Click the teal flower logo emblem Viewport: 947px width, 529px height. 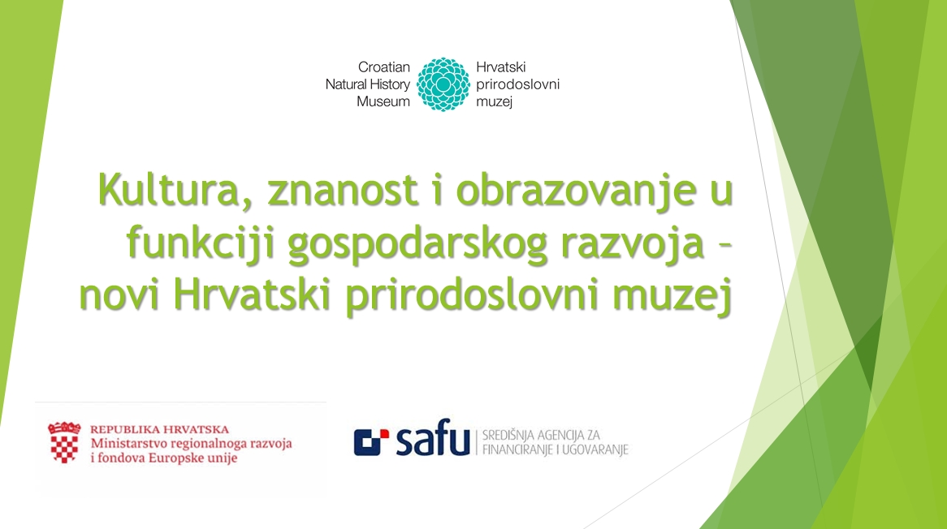coord(443,84)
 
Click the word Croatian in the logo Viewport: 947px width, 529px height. coord(384,67)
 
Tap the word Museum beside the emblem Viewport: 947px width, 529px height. coord(383,101)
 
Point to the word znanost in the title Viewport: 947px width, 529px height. coord(344,190)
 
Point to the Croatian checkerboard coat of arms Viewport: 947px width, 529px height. coord(64,442)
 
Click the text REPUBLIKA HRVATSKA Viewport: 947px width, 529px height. coord(159,429)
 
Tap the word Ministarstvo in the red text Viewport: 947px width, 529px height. coord(128,443)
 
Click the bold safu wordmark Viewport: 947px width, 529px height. coord(432,437)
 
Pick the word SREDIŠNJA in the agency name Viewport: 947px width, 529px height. coord(508,434)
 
